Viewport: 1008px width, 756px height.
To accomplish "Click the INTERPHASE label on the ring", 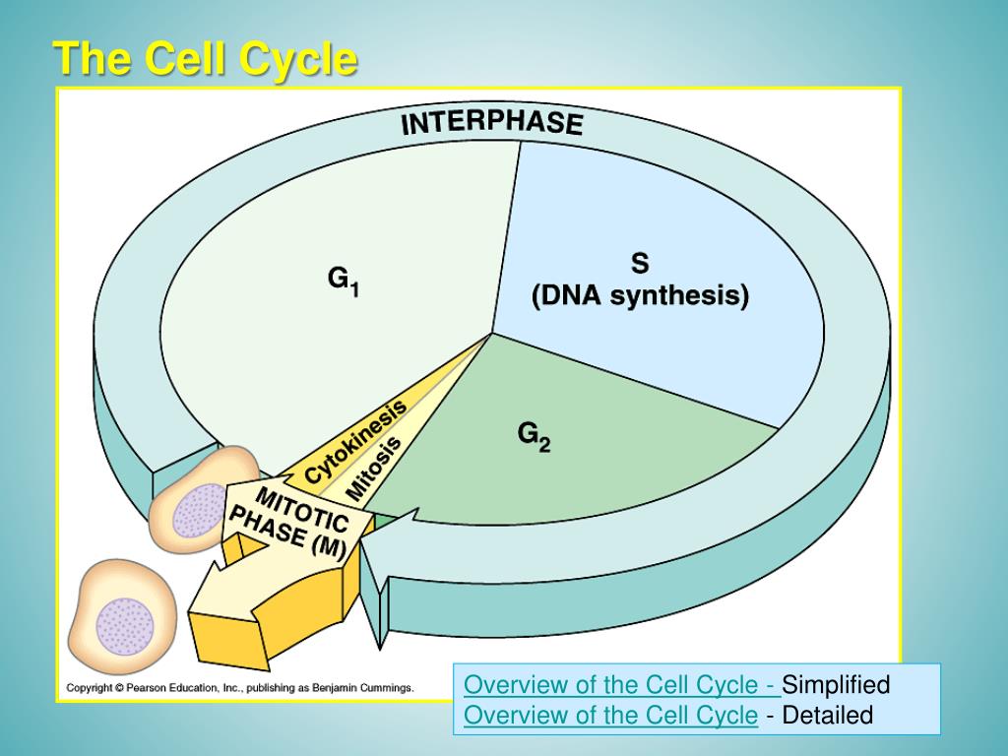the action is coord(492,123).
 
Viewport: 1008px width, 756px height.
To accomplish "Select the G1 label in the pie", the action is coord(344,282).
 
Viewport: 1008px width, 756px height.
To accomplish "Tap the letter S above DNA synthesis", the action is coord(640,263).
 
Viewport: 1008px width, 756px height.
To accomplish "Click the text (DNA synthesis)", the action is coord(640,296).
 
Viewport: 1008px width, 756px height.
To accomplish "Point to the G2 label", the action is coord(535,436).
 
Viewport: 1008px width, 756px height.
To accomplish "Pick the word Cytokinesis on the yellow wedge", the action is coord(355,441).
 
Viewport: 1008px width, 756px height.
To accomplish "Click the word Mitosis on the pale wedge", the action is coord(374,469).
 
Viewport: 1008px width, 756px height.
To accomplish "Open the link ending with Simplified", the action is coord(622,685).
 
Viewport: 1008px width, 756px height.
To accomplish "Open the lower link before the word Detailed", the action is coord(610,715).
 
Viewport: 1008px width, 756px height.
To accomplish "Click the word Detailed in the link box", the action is coord(828,715).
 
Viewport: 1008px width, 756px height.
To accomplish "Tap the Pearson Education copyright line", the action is coord(240,688).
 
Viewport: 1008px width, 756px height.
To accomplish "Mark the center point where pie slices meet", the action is coord(492,334).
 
